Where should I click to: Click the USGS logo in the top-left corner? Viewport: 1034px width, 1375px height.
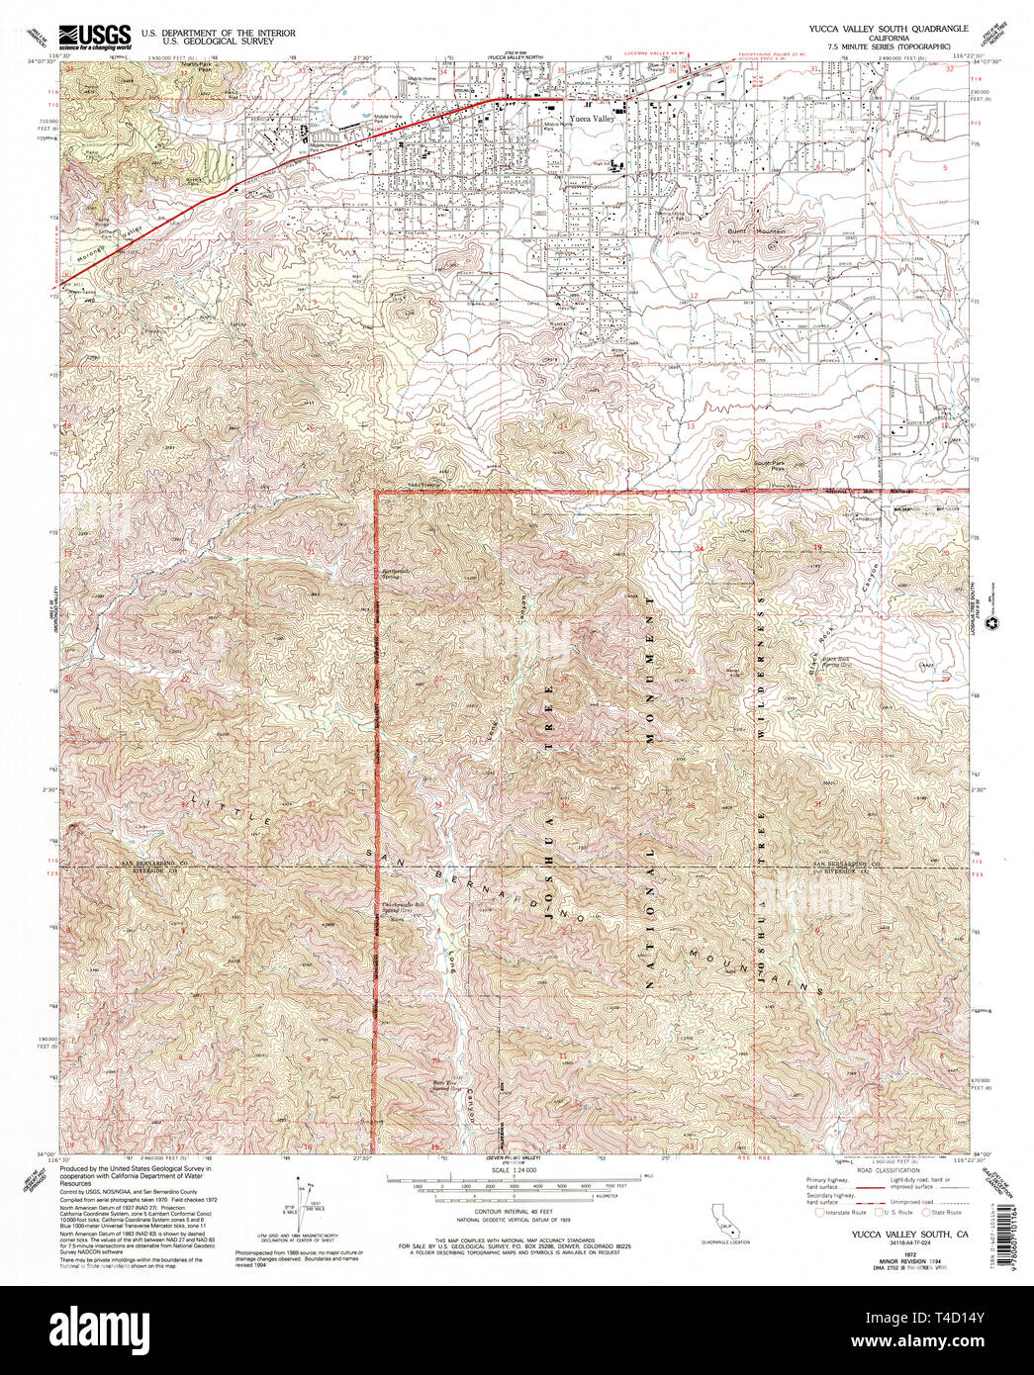click(95, 37)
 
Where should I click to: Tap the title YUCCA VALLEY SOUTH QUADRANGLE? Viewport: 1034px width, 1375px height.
click(876, 30)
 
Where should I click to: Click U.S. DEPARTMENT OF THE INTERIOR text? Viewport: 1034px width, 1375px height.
click(218, 33)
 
